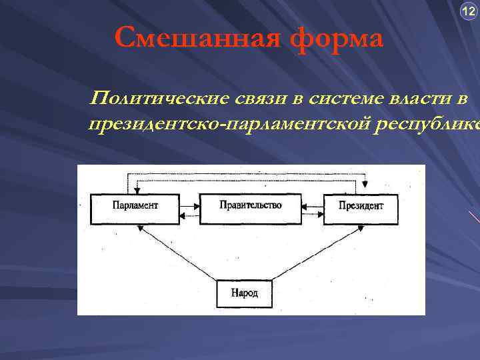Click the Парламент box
135,209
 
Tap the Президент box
361,209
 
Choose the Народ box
244,293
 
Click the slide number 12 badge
469,11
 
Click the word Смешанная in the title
193,38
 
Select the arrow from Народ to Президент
317,253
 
